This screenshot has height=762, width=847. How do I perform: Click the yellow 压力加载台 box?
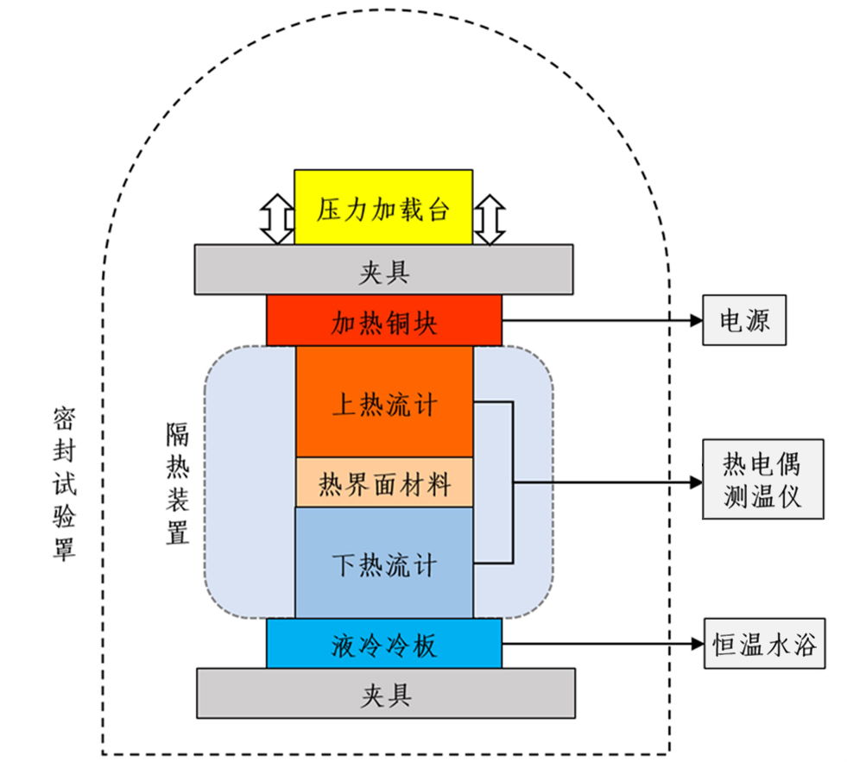383,207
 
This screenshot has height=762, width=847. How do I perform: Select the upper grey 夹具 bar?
383,269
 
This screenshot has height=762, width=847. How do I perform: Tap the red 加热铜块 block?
383,320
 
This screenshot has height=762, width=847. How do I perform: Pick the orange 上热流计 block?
384,402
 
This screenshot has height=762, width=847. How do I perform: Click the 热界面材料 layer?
384,482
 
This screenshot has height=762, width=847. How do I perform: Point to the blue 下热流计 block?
384,563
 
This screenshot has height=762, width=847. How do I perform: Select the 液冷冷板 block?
383,643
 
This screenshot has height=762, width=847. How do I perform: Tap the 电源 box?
744,320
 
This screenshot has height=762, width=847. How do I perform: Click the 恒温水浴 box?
763,643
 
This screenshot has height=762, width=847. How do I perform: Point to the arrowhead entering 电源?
695,320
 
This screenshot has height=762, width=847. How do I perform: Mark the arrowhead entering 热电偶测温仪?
695,482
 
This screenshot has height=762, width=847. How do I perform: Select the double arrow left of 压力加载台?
276,219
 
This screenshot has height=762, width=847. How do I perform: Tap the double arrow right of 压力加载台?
490,219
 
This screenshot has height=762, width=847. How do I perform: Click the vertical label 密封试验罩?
63,483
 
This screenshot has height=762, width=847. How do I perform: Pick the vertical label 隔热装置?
177,483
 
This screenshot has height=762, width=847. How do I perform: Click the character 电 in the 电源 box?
731,320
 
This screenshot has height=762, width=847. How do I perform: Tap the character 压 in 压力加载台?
329,208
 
